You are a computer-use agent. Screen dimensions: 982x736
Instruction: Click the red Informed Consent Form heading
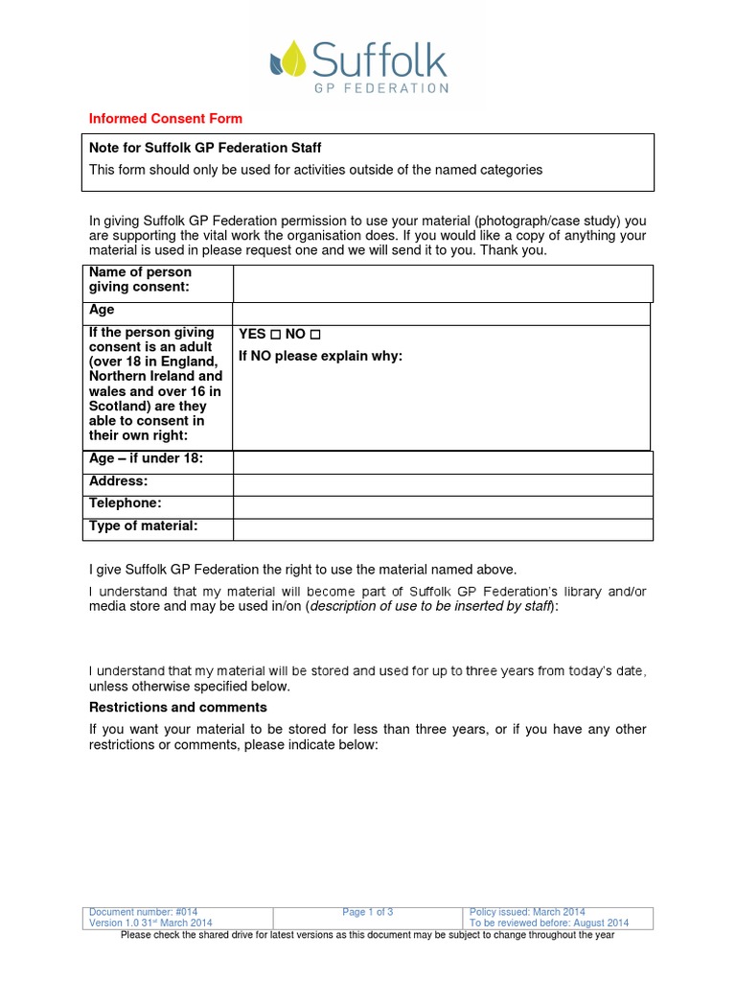166,119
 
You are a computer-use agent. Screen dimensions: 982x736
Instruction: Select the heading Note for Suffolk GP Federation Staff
205,148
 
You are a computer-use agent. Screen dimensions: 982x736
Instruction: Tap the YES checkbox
274,335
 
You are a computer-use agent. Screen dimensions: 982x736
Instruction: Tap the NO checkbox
315,335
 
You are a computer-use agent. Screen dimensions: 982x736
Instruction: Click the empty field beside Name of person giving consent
442,284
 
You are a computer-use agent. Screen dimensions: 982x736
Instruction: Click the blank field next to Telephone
442,507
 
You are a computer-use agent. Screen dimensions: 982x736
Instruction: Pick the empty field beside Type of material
442,529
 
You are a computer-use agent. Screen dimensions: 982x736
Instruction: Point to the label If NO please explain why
321,357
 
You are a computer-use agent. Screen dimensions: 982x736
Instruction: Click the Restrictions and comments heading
177,708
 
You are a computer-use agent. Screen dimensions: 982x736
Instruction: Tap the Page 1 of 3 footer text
368,912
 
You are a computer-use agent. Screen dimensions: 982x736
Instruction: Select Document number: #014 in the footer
143,912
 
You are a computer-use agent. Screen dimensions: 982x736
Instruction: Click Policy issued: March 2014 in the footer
528,912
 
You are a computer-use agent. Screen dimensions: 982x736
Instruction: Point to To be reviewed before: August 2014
549,923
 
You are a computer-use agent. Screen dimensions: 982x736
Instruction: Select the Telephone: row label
126,503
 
